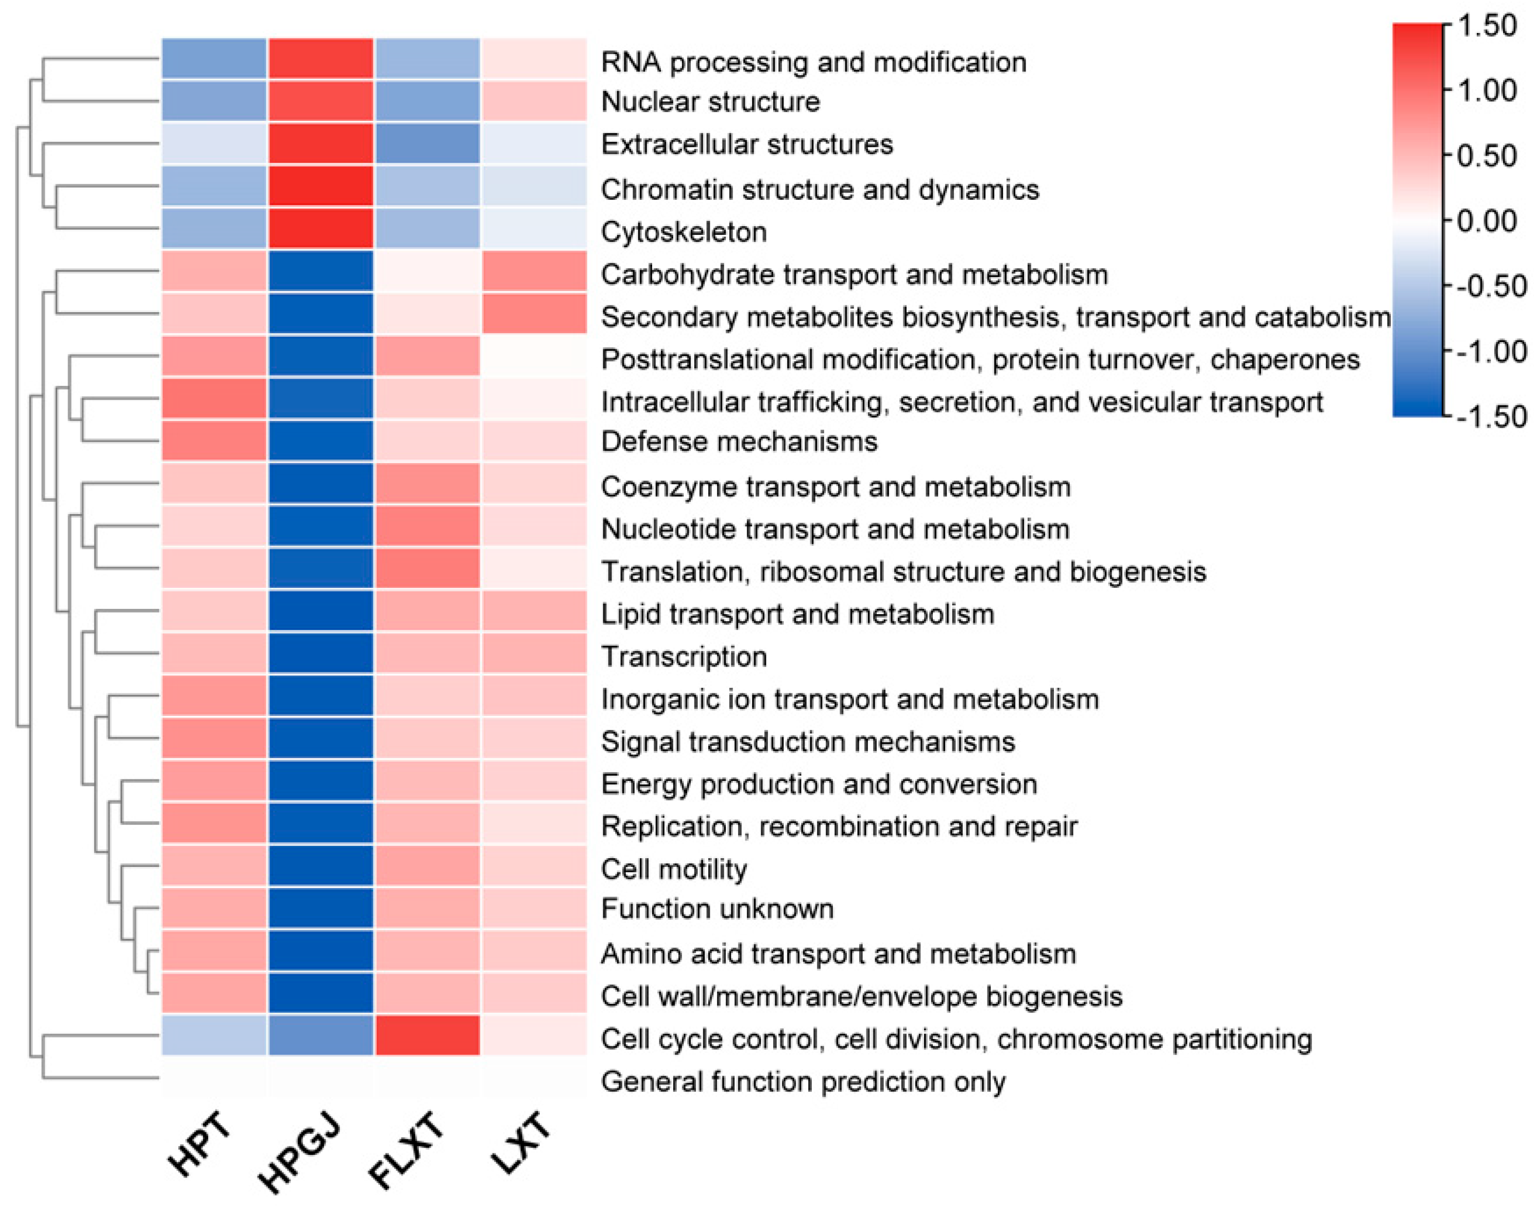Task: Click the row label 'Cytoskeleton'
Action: point(684,232)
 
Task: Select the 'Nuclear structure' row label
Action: point(710,102)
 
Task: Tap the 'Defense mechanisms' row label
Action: point(739,441)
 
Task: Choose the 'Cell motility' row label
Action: point(674,869)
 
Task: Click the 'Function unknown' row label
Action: point(717,909)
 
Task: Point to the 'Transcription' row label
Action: point(684,657)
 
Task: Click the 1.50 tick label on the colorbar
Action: point(1487,26)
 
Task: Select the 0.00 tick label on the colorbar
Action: point(1487,222)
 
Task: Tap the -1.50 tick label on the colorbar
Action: point(1491,417)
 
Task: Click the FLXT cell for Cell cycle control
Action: point(428,1035)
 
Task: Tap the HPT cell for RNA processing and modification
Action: point(214,58)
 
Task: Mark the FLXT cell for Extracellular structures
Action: point(428,144)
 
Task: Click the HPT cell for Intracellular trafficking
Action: point(214,399)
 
